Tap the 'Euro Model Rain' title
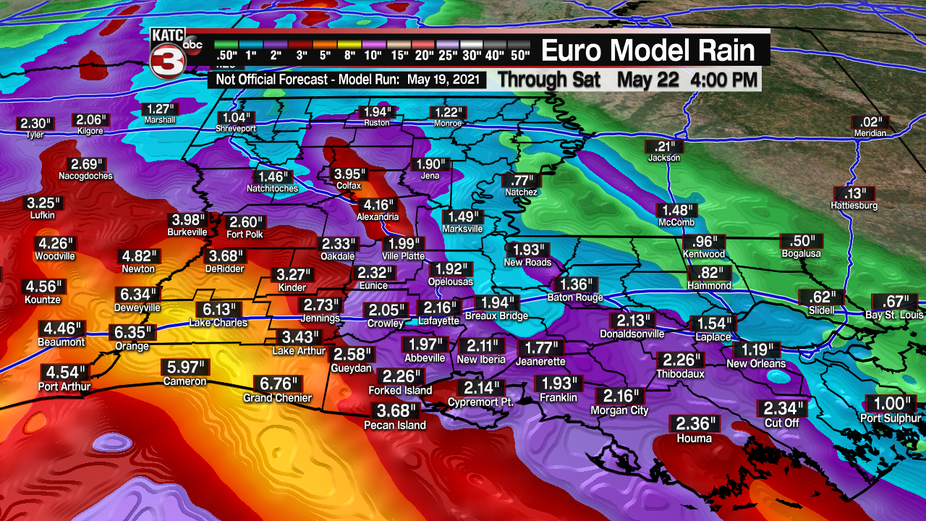click(x=647, y=51)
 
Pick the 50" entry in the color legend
click(x=519, y=54)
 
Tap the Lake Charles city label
click(x=218, y=323)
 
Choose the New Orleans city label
click(x=756, y=363)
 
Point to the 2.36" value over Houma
click(x=694, y=424)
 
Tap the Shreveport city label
click(x=235, y=128)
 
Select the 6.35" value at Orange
click(x=132, y=333)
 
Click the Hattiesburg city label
click(x=854, y=206)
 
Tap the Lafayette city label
click(x=438, y=321)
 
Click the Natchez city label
click(x=522, y=192)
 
